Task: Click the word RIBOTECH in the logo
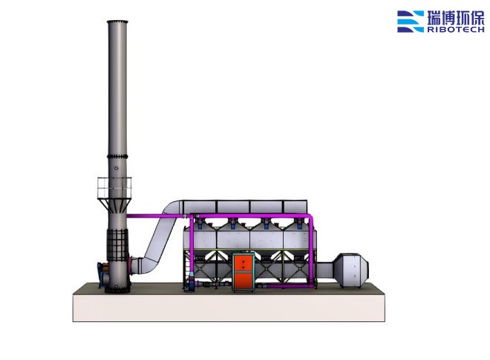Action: (x=456, y=30)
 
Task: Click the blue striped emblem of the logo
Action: (x=411, y=22)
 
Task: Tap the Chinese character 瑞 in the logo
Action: (x=434, y=18)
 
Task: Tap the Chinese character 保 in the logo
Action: (x=477, y=18)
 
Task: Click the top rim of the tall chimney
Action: (x=117, y=22)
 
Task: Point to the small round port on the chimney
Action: (x=117, y=168)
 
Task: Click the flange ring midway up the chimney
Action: (x=117, y=157)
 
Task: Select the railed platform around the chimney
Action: (x=114, y=188)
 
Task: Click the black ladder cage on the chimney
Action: (x=117, y=246)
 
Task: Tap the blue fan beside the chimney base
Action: (x=103, y=275)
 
